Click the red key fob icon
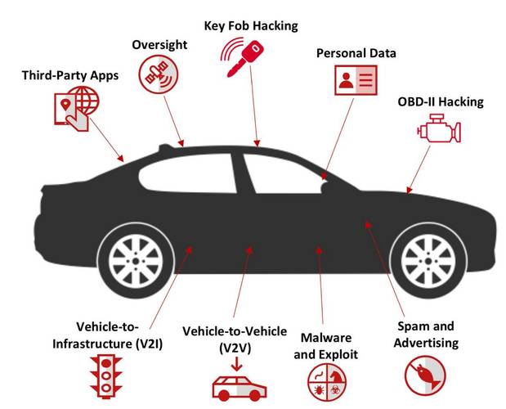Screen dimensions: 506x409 click(243, 57)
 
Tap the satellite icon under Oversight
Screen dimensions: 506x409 click(158, 74)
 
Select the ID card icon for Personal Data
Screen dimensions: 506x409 click(356, 80)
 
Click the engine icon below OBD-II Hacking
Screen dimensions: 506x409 click(439, 128)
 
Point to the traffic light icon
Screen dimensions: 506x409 click(106, 376)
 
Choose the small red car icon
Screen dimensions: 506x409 click(240, 389)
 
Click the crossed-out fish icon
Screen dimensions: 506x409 click(425, 375)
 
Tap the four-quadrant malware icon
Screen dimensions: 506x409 click(327, 382)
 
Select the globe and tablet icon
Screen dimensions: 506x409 click(77, 109)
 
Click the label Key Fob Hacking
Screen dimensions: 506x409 click(251, 26)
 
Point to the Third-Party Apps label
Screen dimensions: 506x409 click(70, 75)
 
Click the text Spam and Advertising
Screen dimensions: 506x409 click(426, 335)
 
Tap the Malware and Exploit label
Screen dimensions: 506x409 click(326, 346)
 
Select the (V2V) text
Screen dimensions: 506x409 click(235, 348)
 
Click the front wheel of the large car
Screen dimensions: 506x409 click(428, 261)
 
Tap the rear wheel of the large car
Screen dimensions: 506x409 click(136, 261)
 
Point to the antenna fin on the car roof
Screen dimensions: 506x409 click(166, 148)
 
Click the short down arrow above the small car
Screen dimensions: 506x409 click(237, 365)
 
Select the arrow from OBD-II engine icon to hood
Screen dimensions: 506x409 click(419, 169)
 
